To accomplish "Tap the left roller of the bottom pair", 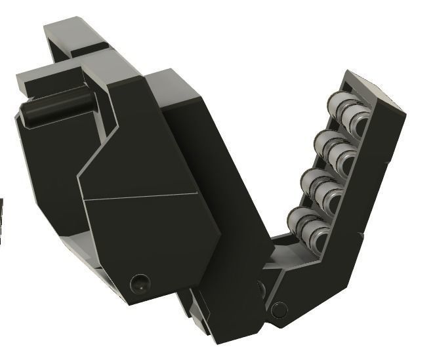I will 299,218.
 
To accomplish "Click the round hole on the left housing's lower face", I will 138,283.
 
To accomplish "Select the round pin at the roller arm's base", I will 280,308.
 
